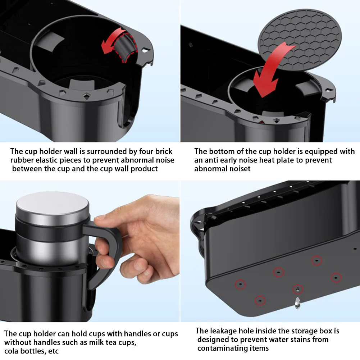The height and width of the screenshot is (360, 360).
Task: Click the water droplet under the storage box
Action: coord(297,303)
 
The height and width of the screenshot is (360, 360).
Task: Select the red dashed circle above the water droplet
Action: coord(298,289)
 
